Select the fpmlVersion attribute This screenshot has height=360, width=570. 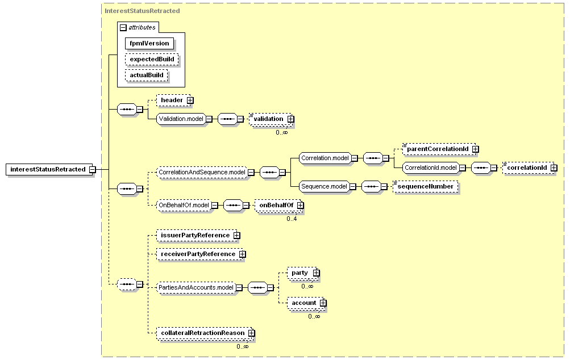coord(149,43)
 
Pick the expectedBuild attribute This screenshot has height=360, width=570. coord(152,59)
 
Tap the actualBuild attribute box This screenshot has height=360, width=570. coord(147,75)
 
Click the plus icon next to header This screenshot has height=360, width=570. coord(190,101)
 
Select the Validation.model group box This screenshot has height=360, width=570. coord(181,119)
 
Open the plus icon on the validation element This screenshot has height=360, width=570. coord(290,119)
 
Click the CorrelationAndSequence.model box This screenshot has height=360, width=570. coord(202,172)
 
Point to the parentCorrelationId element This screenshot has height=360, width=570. coord(438,149)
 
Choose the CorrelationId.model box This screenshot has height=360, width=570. coord(431,168)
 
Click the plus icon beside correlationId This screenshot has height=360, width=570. coord(554,168)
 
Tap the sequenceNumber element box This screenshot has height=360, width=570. coord(425,186)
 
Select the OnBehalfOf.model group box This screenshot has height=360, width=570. coord(184,205)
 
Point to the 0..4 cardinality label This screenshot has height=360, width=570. coord(292,219)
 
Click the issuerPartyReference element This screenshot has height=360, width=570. coord(195,236)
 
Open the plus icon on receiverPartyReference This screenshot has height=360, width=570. coord(243,254)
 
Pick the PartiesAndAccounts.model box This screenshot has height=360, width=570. coord(196,287)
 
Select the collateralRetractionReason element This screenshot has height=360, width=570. coord(203,333)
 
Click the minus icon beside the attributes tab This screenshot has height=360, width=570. coord(123,28)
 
